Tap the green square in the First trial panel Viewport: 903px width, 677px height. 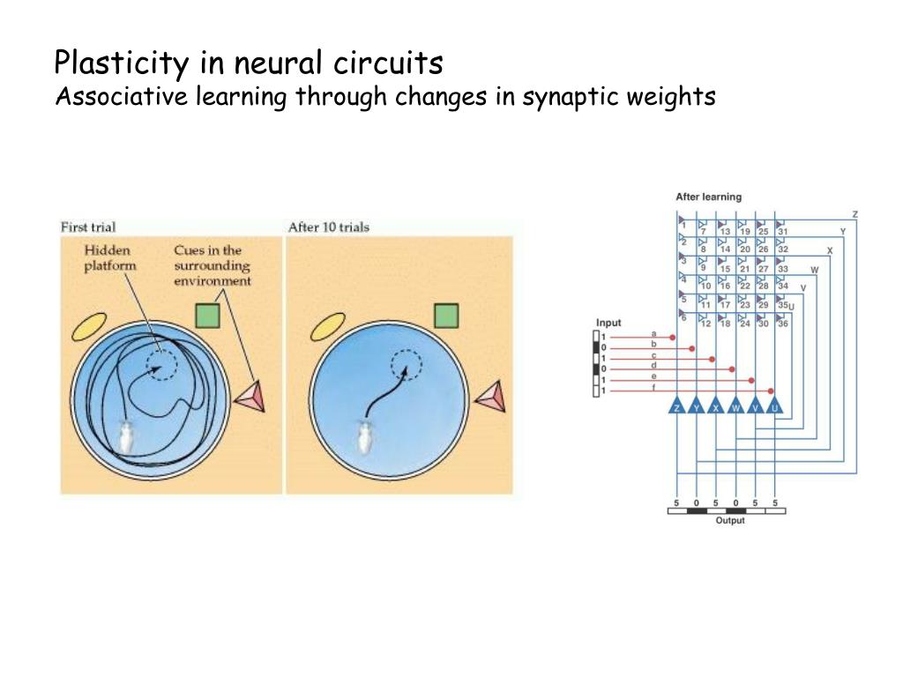207,316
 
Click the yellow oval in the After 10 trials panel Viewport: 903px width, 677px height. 327,327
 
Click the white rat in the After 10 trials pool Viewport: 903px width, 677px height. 363,436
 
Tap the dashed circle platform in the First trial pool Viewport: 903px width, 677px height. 160,362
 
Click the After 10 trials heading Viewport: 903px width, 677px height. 328,227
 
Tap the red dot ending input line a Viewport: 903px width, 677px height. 673,337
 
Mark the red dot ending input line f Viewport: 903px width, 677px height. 772,390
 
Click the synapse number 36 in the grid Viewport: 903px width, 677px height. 782,324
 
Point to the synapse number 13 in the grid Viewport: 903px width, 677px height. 724,231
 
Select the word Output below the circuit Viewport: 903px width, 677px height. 729,520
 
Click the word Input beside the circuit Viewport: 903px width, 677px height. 608,323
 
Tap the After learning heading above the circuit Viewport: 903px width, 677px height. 708,197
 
